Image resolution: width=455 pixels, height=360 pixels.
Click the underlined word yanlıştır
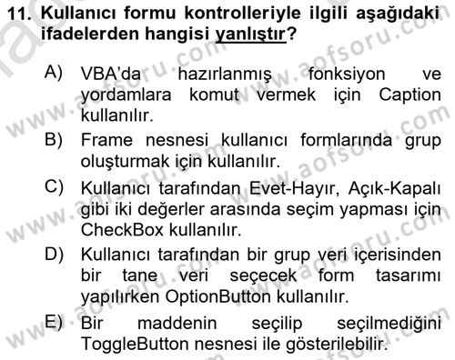(x=246, y=35)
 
